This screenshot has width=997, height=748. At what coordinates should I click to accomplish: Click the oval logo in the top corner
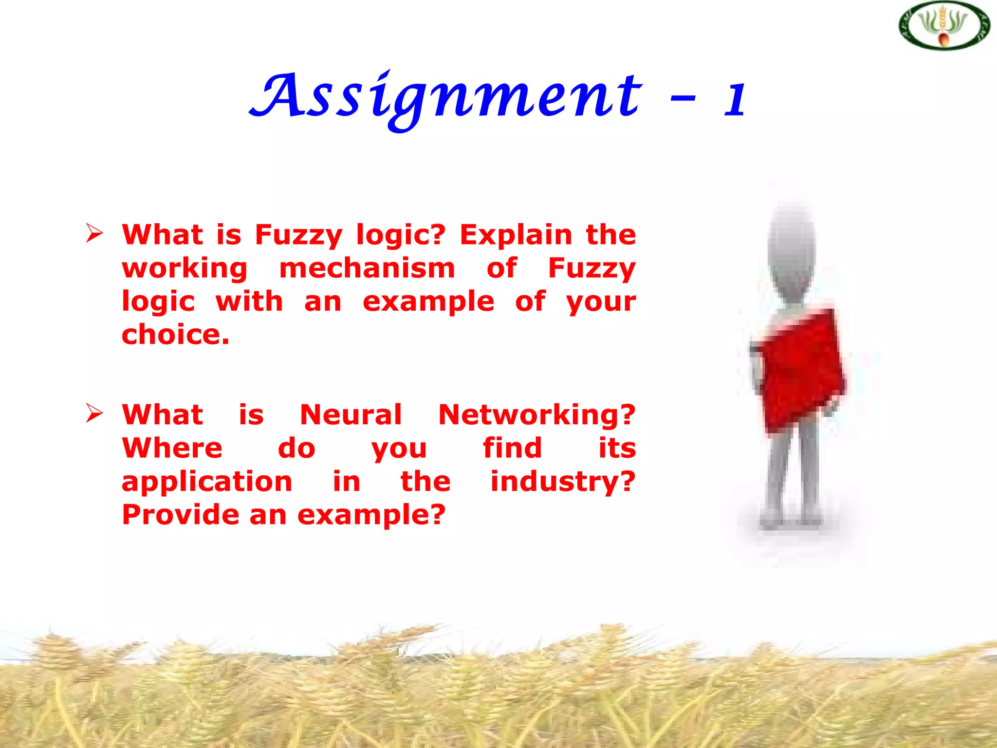point(943,25)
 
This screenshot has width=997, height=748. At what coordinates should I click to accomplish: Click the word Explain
point(516,235)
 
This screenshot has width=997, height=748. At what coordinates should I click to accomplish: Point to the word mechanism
point(367,268)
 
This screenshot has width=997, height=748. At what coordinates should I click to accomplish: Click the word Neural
point(351,415)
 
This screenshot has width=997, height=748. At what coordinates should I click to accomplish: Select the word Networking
point(536,415)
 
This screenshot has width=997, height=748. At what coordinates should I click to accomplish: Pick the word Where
point(172,448)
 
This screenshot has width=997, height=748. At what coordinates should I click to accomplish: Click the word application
point(207,482)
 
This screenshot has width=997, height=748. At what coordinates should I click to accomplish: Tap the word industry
point(562,482)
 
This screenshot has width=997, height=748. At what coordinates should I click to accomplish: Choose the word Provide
point(180,515)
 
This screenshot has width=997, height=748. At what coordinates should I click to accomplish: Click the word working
point(185,269)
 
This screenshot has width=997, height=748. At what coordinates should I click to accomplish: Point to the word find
point(512,448)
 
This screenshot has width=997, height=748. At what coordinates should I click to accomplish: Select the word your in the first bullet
point(601,302)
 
